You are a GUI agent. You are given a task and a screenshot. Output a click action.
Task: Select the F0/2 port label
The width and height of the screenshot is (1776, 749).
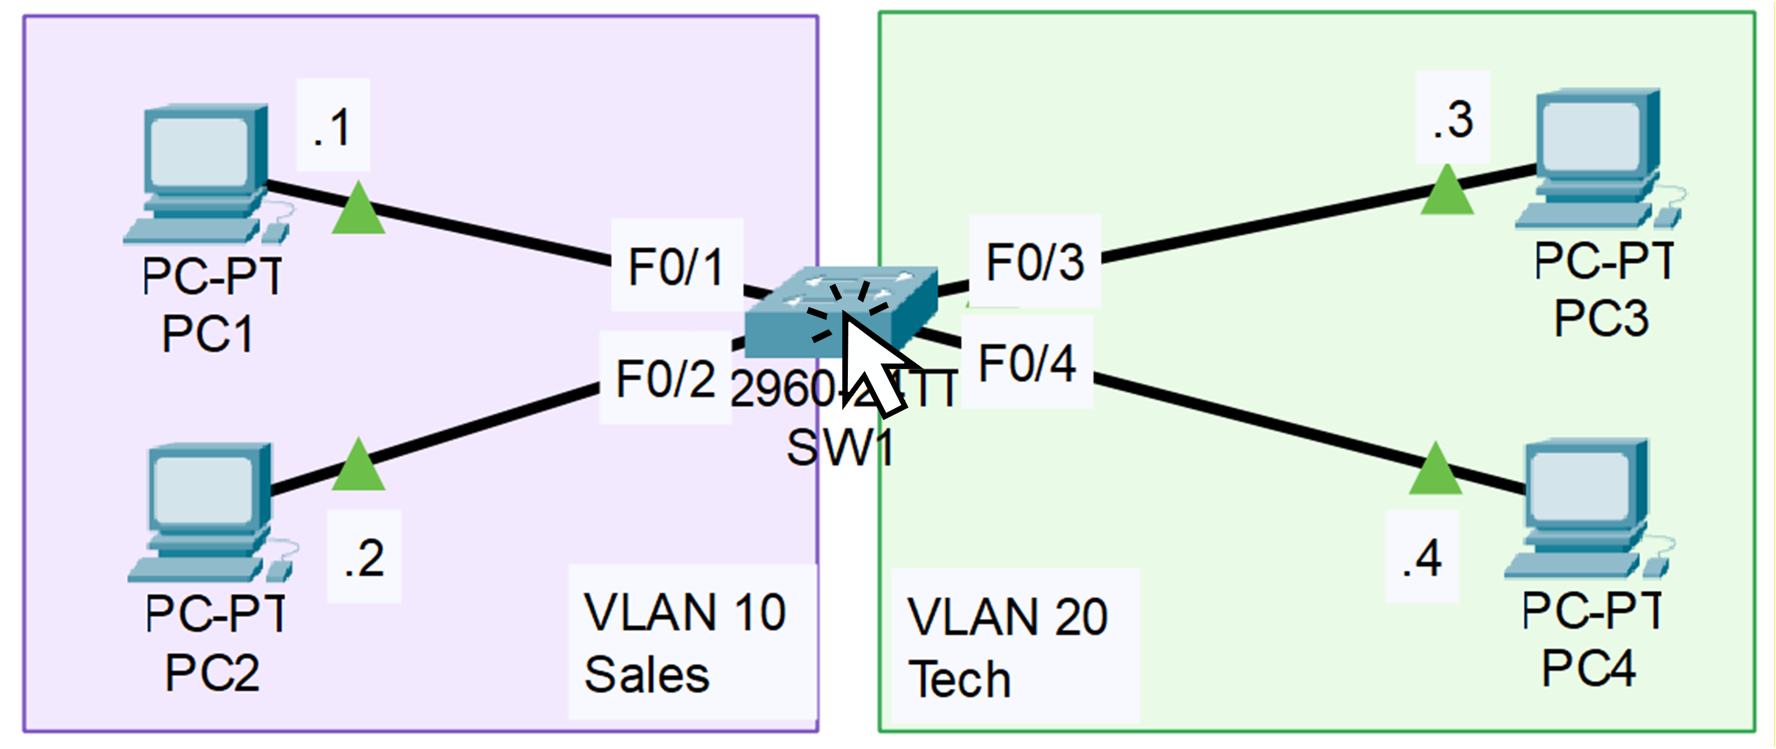665,378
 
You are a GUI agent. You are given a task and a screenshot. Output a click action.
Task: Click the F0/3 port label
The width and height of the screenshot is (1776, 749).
1034,261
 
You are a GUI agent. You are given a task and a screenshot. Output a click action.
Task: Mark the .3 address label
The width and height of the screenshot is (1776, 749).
1453,119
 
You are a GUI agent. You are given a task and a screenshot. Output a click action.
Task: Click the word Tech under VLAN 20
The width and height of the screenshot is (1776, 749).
959,679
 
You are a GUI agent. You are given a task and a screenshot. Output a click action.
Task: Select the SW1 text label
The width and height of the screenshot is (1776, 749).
840,448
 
